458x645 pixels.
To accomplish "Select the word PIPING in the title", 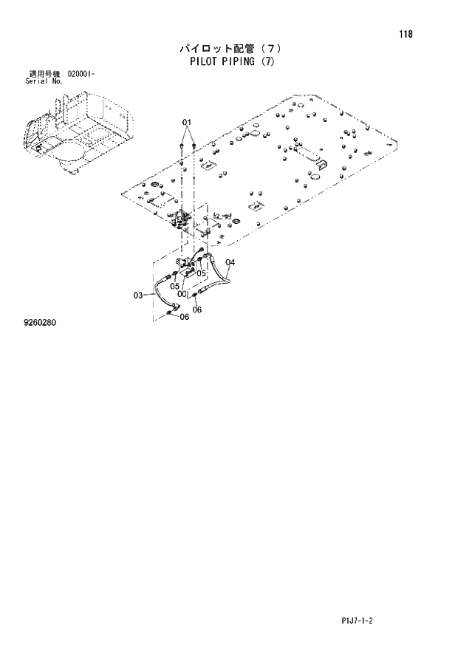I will [x=236, y=61].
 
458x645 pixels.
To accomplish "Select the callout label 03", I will [x=138, y=296].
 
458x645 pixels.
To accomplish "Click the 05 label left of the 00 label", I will [x=175, y=286].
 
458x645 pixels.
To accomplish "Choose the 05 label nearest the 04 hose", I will [x=201, y=273].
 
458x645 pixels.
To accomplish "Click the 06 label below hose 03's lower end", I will [x=185, y=317].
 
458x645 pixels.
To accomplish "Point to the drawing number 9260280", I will [x=41, y=323].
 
